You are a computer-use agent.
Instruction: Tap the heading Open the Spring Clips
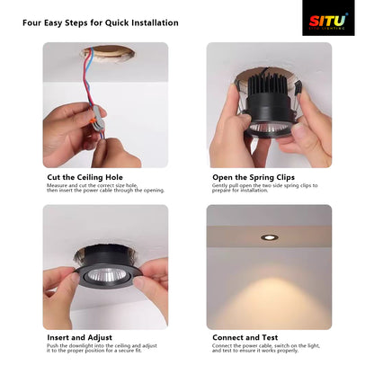pos(254,178)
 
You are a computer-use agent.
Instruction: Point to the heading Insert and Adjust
pos(78,337)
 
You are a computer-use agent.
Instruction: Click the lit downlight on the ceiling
pos(269,237)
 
